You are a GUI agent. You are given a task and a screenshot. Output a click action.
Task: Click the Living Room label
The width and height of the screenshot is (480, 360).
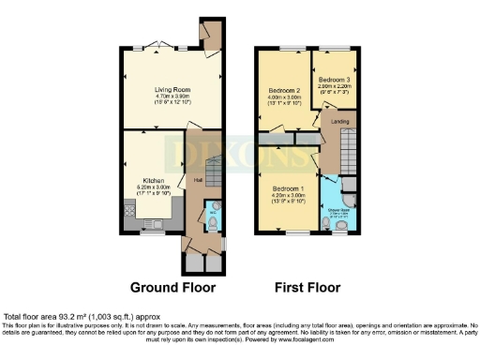tap(172, 86)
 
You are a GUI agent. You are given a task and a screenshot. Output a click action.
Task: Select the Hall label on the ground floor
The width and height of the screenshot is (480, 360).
tap(198, 180)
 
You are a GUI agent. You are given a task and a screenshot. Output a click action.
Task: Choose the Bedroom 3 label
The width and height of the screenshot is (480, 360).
tap(332, 79)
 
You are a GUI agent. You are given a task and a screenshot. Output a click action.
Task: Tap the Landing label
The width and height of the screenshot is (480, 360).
tap(333, 119)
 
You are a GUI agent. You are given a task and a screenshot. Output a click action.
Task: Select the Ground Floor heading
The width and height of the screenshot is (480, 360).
tap(173, 287)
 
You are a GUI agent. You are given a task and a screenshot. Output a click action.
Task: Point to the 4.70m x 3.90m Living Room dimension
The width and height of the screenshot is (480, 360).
tap(172, 94)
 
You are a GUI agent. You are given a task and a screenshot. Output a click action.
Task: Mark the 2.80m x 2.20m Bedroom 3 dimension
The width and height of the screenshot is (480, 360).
tap(332, 85)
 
